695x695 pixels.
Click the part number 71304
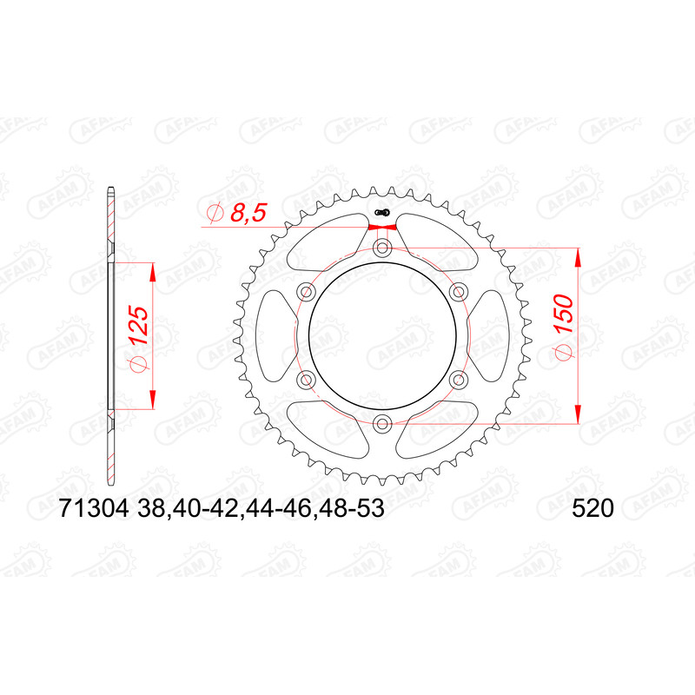pos(94,508)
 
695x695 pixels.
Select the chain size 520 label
pos(592,508)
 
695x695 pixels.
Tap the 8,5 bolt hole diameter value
pos(248,213)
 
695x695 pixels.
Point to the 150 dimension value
pos(564,314)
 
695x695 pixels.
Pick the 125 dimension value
pos(139,326)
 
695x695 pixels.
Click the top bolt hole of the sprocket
pos(382,248)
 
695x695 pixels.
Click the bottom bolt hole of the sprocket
pos(382,424)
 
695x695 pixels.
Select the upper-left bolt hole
pos(306,292)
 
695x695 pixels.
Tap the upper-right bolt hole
pos(459,292)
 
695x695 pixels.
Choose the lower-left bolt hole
pos(306,380)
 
